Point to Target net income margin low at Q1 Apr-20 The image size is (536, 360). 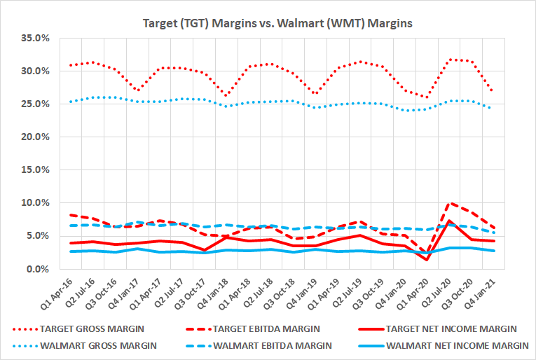click(x=427, y=260)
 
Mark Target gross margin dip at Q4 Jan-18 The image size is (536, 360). click(x=226, y=96)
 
